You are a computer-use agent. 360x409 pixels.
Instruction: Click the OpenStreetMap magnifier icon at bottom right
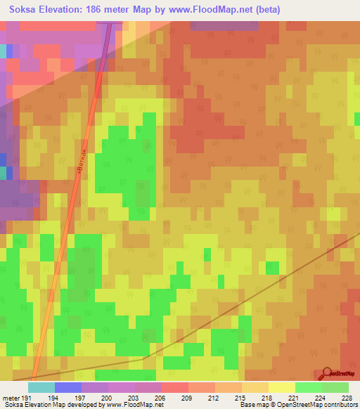click(327, 372)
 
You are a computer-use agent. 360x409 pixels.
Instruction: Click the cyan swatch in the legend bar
click(41, 387)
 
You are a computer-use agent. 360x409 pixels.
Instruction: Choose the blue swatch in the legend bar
click(68, 387)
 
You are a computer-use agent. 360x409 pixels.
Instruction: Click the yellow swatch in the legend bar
click(282, 387)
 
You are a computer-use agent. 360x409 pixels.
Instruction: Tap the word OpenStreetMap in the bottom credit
click(291, 405)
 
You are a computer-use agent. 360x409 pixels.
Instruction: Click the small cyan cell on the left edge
click(3, 51)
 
